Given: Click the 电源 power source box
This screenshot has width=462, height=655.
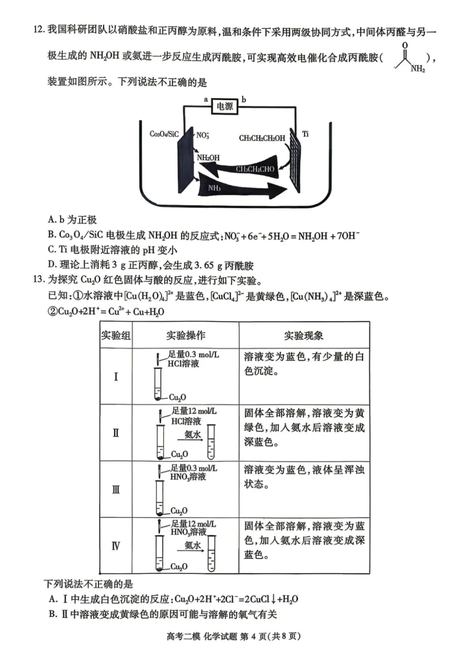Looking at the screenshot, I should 225,106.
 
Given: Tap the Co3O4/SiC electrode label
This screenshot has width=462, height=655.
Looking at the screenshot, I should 164,134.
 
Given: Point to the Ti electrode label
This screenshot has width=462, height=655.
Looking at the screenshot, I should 305,134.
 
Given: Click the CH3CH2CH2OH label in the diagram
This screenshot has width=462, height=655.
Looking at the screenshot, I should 262,138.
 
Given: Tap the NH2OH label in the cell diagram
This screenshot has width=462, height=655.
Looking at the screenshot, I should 208,157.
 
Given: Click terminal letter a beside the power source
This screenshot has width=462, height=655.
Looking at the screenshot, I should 206,99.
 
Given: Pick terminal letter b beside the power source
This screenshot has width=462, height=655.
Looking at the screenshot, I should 244,99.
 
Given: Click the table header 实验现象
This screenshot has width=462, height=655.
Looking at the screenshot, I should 304,335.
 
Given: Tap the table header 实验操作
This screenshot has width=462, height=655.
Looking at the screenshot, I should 186,335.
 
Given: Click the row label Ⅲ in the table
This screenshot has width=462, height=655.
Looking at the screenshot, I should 116,489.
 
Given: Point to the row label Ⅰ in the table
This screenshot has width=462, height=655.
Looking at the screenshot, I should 116,376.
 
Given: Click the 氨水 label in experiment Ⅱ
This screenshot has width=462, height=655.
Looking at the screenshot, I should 192,434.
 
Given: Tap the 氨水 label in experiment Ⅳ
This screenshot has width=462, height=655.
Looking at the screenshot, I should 192,545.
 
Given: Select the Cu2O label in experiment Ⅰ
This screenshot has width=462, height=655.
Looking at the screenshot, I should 178,397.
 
